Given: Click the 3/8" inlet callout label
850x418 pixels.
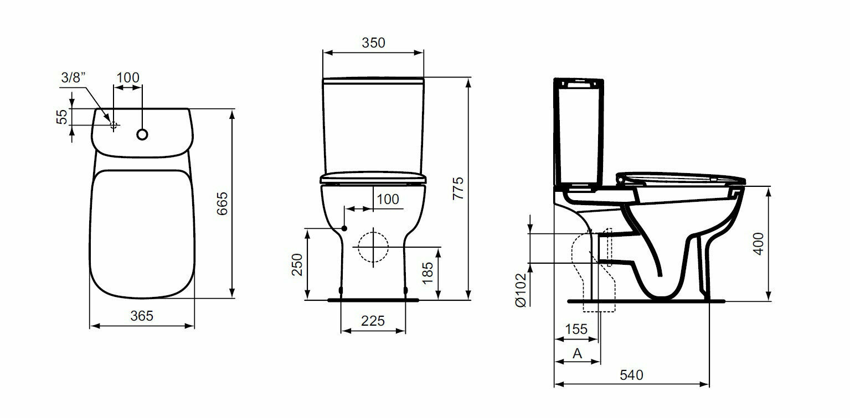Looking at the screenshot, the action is (x=73, y=78).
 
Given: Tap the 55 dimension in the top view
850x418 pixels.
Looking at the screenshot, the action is (x=62, y=117).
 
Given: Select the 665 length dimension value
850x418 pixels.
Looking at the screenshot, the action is (x=222, y=203).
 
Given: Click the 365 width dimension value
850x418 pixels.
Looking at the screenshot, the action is (x=142, y=316).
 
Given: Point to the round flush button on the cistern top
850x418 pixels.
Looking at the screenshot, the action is (x=142, y=134).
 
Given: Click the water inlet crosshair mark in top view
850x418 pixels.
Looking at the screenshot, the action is (x=114, y=124).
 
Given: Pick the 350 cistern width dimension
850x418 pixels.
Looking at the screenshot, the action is (x=373, y=43).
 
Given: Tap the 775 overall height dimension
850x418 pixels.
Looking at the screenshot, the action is (x=459, y=189).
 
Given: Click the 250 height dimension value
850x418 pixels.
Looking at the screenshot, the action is (x=297, y=264).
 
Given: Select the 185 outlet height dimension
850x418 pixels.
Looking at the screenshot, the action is (x=427, y=273).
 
